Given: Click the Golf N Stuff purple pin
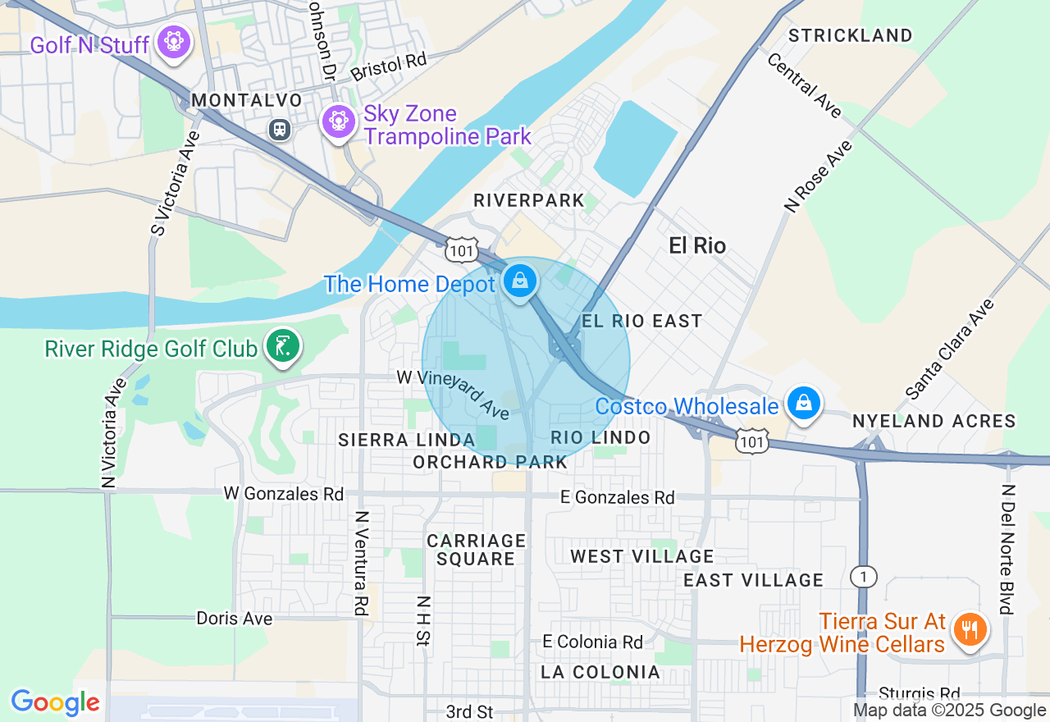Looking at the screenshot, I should (x=174, y=39).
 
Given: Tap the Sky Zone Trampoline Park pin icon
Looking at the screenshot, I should (x=337, y=121).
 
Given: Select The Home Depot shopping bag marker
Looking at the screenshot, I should (x=519, y=281).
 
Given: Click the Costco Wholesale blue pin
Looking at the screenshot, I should (x=804, y=403).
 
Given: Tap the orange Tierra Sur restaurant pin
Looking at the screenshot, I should (x=970, y=629).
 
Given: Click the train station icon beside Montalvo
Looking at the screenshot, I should (x=281, y=130).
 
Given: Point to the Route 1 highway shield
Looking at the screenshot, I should (x=863, y=577).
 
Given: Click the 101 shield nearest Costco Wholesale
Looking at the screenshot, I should (x=752, y=441).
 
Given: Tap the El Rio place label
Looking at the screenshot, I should (x=697, y=245).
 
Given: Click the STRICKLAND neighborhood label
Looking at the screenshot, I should (x=850, y=35).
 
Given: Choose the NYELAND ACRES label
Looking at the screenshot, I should (x=934, y=421).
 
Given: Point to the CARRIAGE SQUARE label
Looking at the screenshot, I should (x=476, y=550).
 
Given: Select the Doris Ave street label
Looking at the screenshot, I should (x=234, y=618).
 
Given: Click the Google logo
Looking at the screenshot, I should (x=55, y=702).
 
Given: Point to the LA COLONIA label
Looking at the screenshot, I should (x=600, y=672).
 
